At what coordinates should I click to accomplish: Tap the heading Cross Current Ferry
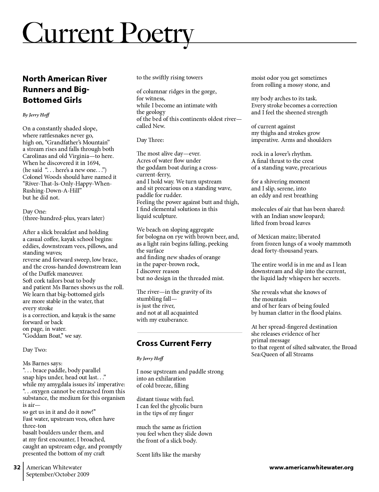tap(174, 343)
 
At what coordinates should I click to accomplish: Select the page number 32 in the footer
tap(17, 467)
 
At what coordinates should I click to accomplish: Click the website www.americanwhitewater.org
tap(311, 467)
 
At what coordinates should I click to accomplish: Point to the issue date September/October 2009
tap(58, 474)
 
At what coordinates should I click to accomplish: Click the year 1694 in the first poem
tap(93, 163)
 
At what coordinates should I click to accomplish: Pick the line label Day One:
tap(35, 211)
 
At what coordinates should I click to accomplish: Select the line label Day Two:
tap(35, 350)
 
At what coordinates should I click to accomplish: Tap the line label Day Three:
tap(150, 140)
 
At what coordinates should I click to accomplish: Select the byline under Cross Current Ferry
tap(150, 359)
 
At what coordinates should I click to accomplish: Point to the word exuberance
tap(169, 320)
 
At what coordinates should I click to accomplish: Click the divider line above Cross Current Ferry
tap(189, 332)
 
